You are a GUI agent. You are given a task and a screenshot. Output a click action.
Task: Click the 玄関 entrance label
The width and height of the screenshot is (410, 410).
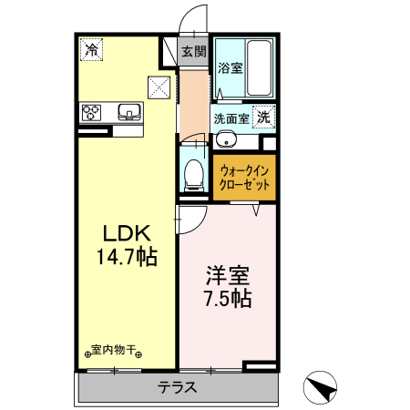pos(193,51)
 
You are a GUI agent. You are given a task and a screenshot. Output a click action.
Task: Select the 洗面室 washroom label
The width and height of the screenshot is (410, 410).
pos(231,118)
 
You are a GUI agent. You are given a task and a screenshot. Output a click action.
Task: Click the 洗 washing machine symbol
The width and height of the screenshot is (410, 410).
pos(263,117)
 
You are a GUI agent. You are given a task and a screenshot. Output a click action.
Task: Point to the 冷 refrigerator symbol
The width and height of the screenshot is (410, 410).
pos(90,50)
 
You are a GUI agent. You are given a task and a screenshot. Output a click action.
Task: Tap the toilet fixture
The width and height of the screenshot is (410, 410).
pos(193,171)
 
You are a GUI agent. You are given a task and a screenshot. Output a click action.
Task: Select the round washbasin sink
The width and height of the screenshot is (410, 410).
pos(227,139)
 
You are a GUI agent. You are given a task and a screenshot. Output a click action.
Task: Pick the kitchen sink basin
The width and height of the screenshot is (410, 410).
pos(129,113)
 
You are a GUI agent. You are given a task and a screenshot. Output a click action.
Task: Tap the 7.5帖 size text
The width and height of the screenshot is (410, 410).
pos(227,299)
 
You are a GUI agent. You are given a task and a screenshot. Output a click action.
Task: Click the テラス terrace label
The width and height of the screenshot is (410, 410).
pos(178,386)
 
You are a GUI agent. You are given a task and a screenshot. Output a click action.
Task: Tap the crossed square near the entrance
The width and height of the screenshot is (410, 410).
pos(159,87)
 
